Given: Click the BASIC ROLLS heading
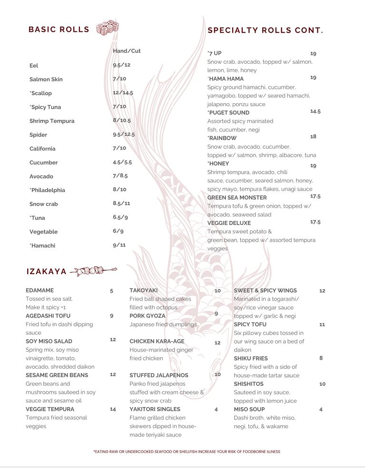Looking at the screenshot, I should [x=59, y=29].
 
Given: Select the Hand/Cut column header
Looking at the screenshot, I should [x=127, y=51].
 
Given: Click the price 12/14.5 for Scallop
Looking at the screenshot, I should [x=123, y=93].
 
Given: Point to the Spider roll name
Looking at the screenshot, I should [x=38, y=135].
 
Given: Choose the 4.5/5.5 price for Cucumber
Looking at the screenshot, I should [x=122, y=162].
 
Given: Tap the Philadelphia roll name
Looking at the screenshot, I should [x=47, y=190].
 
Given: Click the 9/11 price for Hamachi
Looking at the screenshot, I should [x=119, y=245].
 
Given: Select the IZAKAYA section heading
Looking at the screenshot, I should [x=47, y=272].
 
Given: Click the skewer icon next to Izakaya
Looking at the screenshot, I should [x=94, y=271].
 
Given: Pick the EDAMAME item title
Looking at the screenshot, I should [x=39, y=290].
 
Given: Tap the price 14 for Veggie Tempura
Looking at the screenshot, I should [x=113, y=409].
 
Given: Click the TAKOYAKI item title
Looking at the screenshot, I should [x=143, y=290].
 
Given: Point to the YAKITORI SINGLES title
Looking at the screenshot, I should [x=155, y=409].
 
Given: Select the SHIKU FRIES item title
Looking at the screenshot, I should [x=251, y=358].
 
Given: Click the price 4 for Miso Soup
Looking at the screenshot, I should [x=321, y=409].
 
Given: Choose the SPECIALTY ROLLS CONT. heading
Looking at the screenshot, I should [x=266, y=30].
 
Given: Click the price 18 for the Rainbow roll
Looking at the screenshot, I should [x=313, y=136].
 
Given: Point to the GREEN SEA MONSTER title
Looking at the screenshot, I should [x=237, y=198].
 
